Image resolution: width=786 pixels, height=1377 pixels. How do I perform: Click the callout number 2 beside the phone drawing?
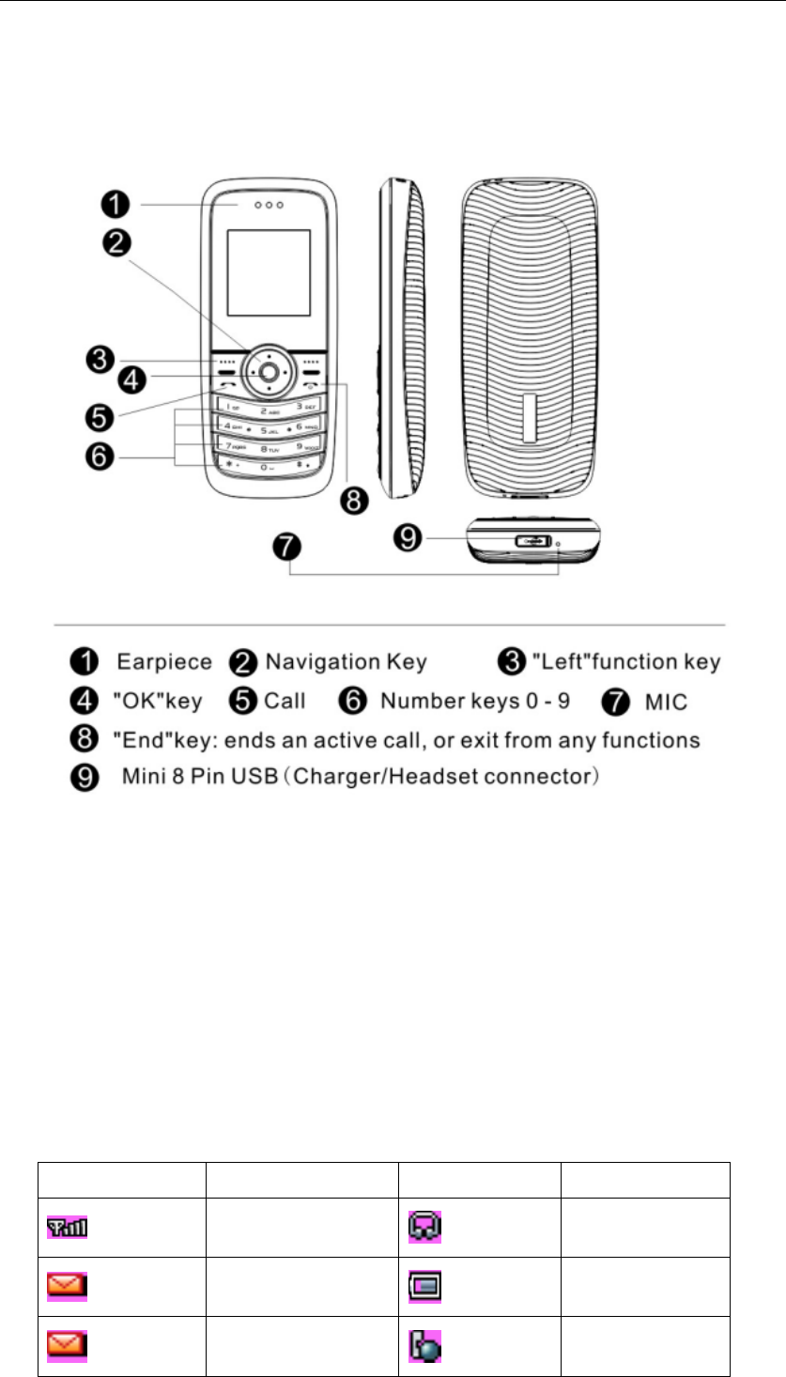(x=116, y=243)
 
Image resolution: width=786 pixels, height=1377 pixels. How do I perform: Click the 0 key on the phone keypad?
(x=269, y=465)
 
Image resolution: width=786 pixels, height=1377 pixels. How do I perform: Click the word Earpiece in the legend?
(x=163, y=662)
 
